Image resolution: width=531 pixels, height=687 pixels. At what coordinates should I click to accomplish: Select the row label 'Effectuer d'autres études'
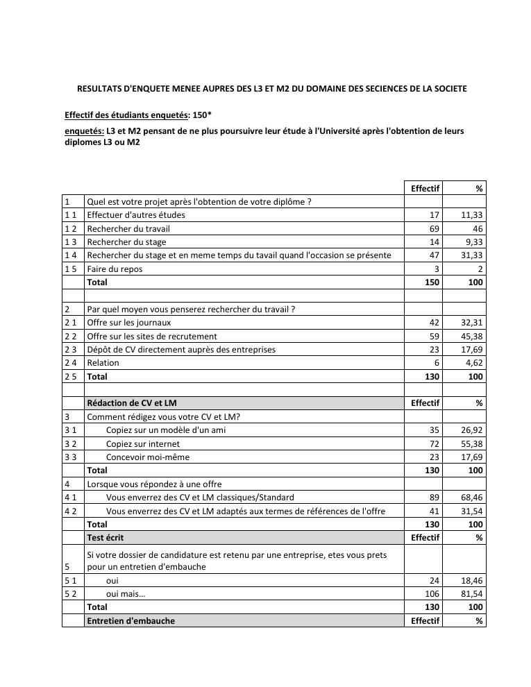pyautogui.click(x=136, y=215)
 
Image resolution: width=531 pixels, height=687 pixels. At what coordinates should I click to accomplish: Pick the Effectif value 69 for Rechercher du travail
pyautogui.click(x=435, y=228)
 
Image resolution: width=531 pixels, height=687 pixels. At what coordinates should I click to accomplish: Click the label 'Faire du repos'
pyautogui.click(x=115, y=269)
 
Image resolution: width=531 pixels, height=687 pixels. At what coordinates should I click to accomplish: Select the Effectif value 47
pyautogui.click(x=435, y=255)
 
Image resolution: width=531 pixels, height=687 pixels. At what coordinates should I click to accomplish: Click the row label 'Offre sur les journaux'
pyautogui.click(x=128, y=323)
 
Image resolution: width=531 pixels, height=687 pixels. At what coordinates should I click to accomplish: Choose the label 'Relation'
pyautogui.click(x=103, y=363)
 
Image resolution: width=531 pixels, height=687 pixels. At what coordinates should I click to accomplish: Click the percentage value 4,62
pyautogui.click(x=474, y=363)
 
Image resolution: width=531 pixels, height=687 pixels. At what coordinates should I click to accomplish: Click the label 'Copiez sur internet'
pyautogui.click(x=142, y=443)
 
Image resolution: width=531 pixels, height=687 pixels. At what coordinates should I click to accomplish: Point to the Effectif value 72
pyautogui.click(x=435, y=443)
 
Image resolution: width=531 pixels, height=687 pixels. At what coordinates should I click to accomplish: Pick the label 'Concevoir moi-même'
pyautogui.click(x=147, y=457)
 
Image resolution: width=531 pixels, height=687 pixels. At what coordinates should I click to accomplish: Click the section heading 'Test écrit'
pyautogui.click(x=106, y=538)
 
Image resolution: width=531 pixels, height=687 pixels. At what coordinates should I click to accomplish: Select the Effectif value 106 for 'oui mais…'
pyautogui.click(x=432, y=594)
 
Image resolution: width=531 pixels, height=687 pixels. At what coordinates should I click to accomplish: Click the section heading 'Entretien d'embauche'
pyautogui.click(x=130, y=621)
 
